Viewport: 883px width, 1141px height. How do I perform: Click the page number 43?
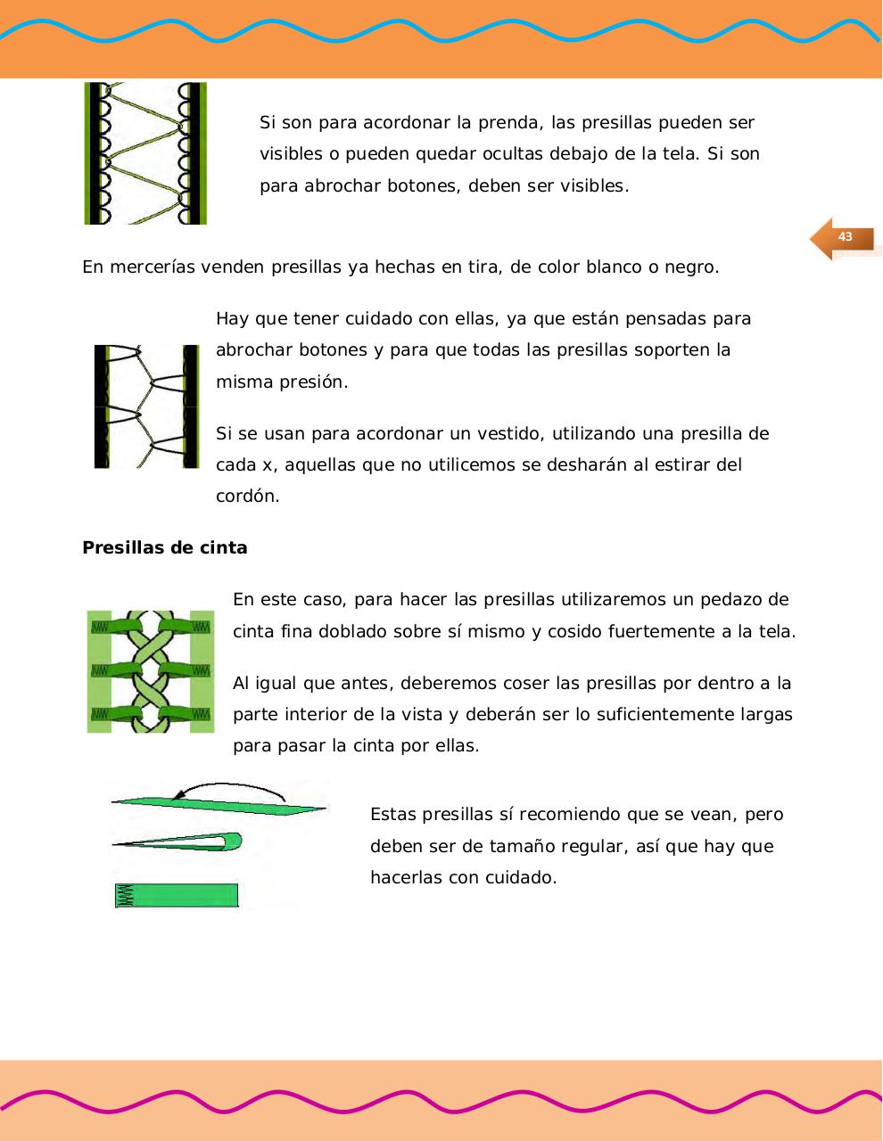pos(845,237)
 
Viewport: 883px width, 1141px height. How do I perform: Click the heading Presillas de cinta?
pos(165,548)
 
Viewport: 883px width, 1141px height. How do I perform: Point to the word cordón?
pos(248,497)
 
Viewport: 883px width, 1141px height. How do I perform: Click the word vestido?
pos(500,434)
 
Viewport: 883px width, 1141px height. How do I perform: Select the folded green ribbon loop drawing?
pos(178,841)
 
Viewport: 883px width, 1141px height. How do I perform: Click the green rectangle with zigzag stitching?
pos(177,895)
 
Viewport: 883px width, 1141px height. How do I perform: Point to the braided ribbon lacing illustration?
pos(151,671)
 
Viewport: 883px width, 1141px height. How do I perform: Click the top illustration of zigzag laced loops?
pos(145,153)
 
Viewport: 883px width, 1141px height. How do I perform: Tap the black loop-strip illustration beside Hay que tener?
pos(146,406)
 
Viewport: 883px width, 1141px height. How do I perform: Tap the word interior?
pos(316,715)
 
